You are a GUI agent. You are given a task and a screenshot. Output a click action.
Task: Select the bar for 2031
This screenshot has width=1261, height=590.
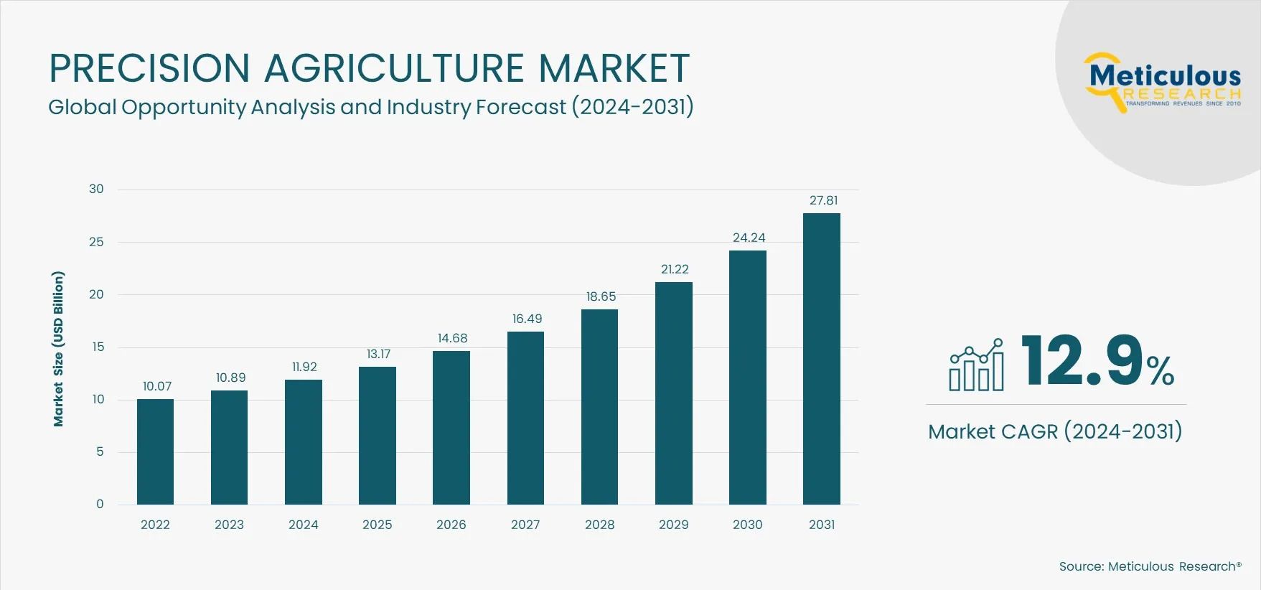click(821, 359)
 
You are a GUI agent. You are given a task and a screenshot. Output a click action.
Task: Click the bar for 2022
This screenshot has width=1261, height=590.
click(155, 452)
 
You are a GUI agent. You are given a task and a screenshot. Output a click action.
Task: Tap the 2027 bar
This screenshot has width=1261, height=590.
click(525, 418)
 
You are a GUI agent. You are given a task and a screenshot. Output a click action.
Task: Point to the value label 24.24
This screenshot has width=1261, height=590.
click(749, 238)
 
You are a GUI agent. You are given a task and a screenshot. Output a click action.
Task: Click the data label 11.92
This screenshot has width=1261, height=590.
click(304, 367)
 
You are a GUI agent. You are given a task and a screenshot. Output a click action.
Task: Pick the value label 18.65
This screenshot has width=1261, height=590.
click(601, 296)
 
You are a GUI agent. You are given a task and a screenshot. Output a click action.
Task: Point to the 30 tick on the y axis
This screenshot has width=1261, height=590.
click(96, 189)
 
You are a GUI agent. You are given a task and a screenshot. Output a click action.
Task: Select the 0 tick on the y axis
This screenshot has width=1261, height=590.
click(100, 505)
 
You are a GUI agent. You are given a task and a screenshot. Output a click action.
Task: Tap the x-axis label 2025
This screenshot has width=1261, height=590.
click(378, 525)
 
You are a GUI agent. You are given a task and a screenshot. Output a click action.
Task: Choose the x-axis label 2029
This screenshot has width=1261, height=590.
click(673, 525)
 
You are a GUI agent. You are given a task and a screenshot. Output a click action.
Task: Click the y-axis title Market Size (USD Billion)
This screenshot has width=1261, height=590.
click(59, 349)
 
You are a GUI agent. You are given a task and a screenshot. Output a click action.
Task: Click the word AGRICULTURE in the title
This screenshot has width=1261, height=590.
click(394, 68)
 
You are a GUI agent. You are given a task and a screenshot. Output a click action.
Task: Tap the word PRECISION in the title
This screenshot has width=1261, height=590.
click(149, 68)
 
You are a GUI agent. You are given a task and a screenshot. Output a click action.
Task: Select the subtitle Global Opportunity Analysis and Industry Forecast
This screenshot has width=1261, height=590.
click(370, 107)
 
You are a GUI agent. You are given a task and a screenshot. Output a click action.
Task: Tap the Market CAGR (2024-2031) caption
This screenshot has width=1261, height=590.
click(1054, 431)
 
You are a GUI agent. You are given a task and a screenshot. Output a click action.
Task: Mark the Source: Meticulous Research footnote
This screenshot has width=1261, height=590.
click(1150, 566)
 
